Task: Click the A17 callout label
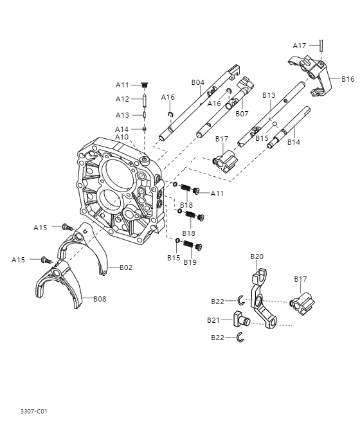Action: pyautogui.click(x=300, y=46)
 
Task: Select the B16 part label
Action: pyautogui.click(x=348, y=79)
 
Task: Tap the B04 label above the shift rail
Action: pyautogui.click(x=197, y=82)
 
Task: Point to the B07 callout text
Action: pyautogui.click(x=242, y=114)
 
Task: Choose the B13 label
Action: pyautogui.click(x=269, y=95)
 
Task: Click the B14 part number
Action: pyautogui.click(x=294, y=142)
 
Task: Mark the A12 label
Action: pyautogui.click(x=122, y=99)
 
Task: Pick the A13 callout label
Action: pyautogui.click(x=122, y=115)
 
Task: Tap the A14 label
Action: pyautogui.click(x=122, y=129)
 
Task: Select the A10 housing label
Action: pyautogui.click(x=122, y=137)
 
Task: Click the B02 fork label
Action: pyautogui.click(x=125, y=267)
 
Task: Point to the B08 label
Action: pyautogui.click(x=100, y=299)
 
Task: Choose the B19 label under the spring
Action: pyautogui.click(x=190, y=262)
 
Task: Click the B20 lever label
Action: pyautogui.click(x=256, y=257)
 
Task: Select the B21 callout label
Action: pyautogui.click(x=213, y=320)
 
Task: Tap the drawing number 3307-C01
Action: pyautogui.click(x=33, y=410)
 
